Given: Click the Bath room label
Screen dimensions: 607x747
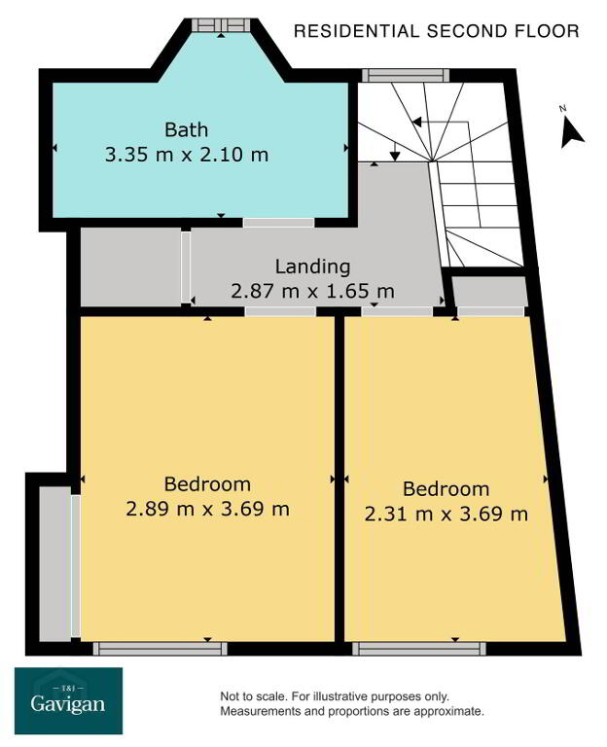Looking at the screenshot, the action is point(187,129).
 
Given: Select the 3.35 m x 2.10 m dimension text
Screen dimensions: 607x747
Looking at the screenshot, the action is point(187,155).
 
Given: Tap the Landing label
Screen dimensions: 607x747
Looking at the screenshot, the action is point(312,267).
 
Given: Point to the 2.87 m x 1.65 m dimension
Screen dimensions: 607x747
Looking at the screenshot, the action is point(312,291).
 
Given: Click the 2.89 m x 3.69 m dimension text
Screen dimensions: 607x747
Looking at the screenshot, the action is point(208,509).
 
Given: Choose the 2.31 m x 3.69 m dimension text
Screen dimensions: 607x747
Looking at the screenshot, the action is point(446,514).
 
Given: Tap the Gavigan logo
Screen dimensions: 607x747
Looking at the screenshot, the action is point(68,700).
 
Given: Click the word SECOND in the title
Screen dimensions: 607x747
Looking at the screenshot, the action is point(467,31).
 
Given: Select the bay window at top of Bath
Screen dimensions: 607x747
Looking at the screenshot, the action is point(221,24).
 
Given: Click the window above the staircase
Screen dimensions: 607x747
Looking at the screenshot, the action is point(406,75).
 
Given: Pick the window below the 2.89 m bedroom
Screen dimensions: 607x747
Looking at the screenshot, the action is point(161,649).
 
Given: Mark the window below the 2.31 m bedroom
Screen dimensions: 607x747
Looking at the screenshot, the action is point(419,649).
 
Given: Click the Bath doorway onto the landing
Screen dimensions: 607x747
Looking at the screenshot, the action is point(279,223).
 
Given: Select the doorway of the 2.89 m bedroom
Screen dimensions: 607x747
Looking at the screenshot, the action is point(280,311).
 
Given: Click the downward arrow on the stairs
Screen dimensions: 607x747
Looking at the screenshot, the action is point(395,152).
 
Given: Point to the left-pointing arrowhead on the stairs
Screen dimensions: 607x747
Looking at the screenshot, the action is point(416,122).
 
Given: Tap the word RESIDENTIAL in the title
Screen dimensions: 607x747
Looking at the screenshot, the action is point(356,31).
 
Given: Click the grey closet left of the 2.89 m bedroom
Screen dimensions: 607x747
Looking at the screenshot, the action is point(54,563).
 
